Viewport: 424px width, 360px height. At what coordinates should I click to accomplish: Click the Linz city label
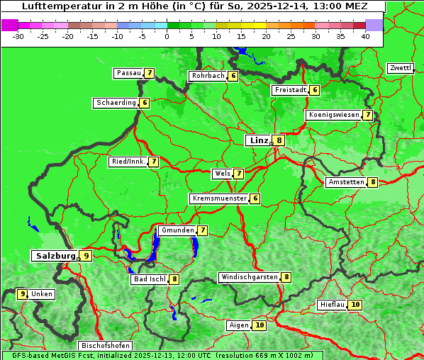click(x=258, y=140)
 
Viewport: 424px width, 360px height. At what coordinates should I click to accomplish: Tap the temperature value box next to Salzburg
click(x=86, y=256)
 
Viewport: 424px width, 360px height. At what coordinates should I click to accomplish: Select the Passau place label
click(x=128, y=73)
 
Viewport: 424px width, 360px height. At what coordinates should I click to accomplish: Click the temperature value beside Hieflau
click(x=355, y=305)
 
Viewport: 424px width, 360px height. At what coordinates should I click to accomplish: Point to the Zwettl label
click(x=401, y=68)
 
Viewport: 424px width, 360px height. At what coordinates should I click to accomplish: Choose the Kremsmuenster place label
click(x=219, y=198)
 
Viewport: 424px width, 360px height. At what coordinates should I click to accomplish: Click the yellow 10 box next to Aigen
click(x=260, y=325)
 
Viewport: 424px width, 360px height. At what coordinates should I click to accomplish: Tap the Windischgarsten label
click(x=249, y=277)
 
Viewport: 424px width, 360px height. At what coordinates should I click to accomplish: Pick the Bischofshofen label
click(x=105, y=346)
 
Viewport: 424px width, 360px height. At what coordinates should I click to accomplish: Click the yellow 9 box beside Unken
click(x=23, y=293)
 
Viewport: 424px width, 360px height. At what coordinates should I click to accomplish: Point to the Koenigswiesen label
click(x=334, y=115)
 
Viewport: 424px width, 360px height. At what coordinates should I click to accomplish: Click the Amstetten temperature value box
click(x=373, y=182)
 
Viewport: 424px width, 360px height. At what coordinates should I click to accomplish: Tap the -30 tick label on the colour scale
click(x=18, y=36)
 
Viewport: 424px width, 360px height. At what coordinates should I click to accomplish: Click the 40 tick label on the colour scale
click(x=365, y=36)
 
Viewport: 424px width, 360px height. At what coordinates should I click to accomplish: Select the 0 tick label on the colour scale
click(x=167, y=36)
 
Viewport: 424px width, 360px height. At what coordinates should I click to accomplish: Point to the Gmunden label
click(x=177, y=230)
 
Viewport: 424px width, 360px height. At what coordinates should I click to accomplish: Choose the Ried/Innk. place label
click(x=128, y=162)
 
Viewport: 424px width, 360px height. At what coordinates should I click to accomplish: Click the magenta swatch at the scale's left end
click(x=10, y=25)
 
